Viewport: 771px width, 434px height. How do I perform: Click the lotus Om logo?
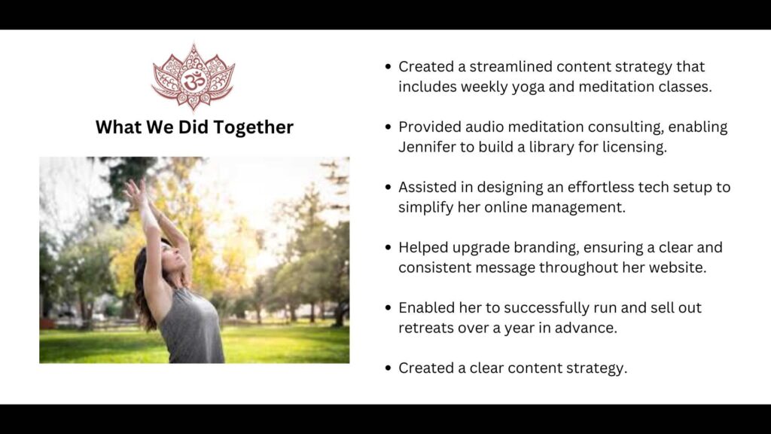(x=194, y=78)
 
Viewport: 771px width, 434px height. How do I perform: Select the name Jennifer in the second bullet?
(x=427, y=147)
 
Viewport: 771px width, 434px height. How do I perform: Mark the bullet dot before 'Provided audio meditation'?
(x=387, y=127)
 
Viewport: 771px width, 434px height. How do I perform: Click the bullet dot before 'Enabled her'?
(x=387, y=307)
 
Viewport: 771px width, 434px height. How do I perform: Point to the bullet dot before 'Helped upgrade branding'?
(x=387, y=247)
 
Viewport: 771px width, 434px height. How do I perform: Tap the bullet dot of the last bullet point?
(x=387, y=368)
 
